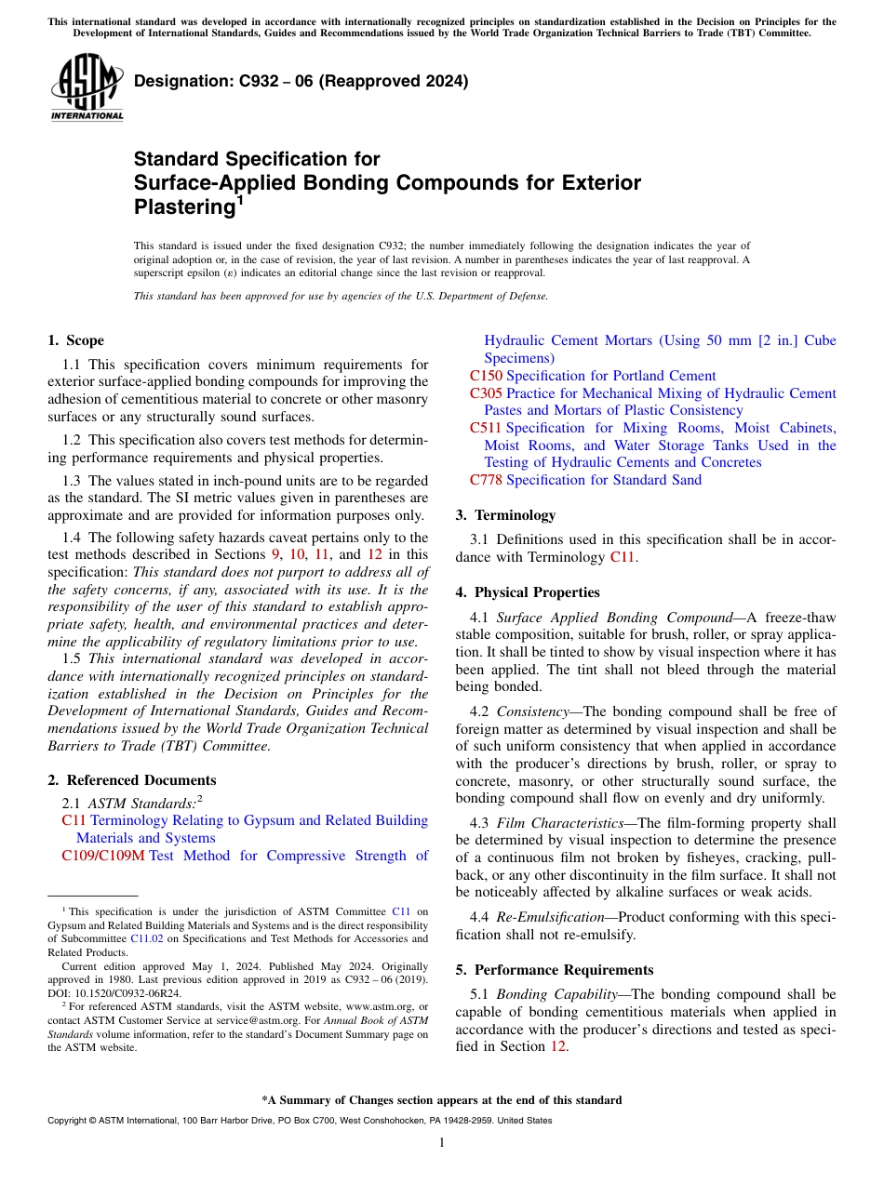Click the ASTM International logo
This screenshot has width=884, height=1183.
point(87,87)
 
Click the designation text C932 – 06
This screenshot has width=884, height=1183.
point(301,82)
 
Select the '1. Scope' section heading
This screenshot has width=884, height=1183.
point(76,340)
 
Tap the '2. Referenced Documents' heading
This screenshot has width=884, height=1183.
point(132,780)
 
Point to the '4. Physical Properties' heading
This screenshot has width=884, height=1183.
point(528,592)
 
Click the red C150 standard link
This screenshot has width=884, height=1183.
point(486,376)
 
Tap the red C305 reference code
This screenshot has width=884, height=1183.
point(486,393)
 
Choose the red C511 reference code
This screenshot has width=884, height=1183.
point(486,428)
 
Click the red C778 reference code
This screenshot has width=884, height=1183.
point(486,480)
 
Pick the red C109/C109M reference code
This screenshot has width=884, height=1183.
point(103,856)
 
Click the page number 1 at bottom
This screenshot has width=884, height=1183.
point(442,1143)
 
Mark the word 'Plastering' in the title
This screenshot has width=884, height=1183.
point(182,206)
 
